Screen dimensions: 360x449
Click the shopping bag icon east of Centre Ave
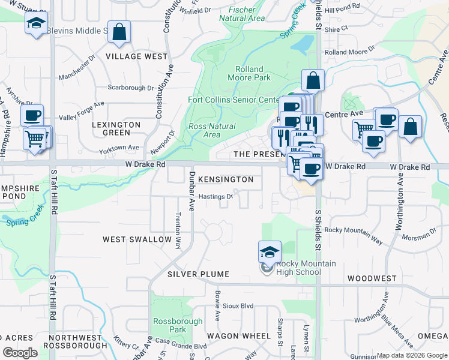[x=410, y=127]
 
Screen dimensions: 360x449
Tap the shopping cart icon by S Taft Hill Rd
[x=35, y=139]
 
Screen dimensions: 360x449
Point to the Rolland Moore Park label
[x=253, y=73]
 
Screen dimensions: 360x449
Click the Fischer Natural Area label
[x=242, y=14]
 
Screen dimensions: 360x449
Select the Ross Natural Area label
[x=212, y=130]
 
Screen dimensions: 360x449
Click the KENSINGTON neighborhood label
[x=226, y=179]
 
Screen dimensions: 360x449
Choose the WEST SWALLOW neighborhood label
[x=137, y=239]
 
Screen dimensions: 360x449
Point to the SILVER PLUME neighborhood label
[x=198, y=274]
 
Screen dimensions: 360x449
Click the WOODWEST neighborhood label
[x=372, y=278]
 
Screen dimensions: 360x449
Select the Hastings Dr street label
[x=215, y=196]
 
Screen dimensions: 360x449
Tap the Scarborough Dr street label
[x=130, y=88]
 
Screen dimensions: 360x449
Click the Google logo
[x=20, y=353]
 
